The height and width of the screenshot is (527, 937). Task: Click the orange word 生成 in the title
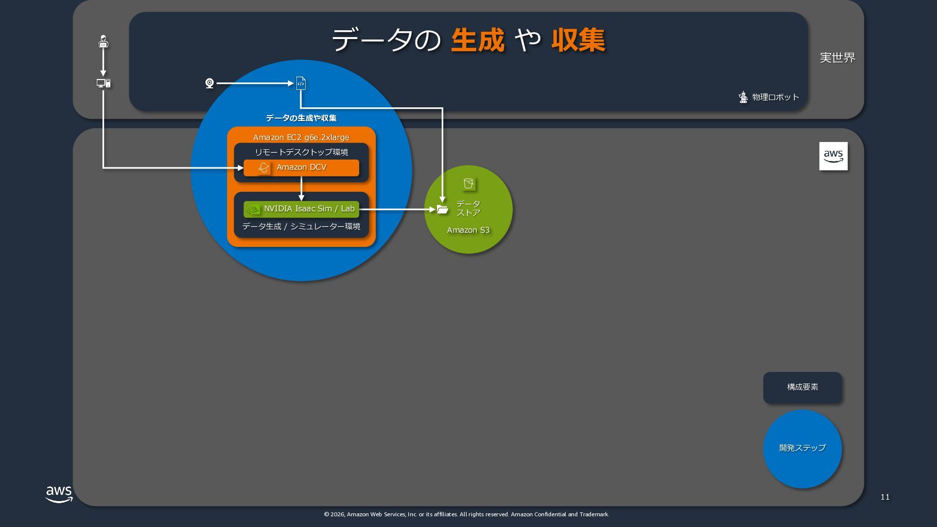[477, 40]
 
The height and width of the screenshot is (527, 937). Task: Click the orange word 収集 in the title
[578, 40]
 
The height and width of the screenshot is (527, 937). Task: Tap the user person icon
[103, 41]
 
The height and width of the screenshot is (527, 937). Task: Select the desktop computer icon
[103, 83]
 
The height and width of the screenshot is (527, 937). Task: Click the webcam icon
[209, 83]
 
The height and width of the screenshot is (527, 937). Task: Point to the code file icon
[301, 83]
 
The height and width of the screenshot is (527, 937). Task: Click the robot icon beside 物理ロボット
[743, 97]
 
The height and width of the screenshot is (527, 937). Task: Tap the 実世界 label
[837, 58]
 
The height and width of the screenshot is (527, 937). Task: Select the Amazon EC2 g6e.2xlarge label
[301, 137]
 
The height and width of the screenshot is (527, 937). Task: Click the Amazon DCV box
[301, 167]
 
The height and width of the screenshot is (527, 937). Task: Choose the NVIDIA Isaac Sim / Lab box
[301, 209]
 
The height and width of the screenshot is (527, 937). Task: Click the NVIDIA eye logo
[252, 209]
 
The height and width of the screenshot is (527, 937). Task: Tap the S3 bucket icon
[468, 183]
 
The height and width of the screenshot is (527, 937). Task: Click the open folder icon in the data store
[443, 209]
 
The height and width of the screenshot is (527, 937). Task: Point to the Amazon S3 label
[468, 230]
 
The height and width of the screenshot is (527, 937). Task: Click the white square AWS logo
[833, 156]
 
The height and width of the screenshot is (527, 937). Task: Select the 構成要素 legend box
[802, 387]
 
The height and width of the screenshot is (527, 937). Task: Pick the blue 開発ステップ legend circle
[802, 448]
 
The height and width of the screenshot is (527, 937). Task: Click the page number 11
[885, 497]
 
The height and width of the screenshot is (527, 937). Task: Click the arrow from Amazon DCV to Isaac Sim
[301, 188]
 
